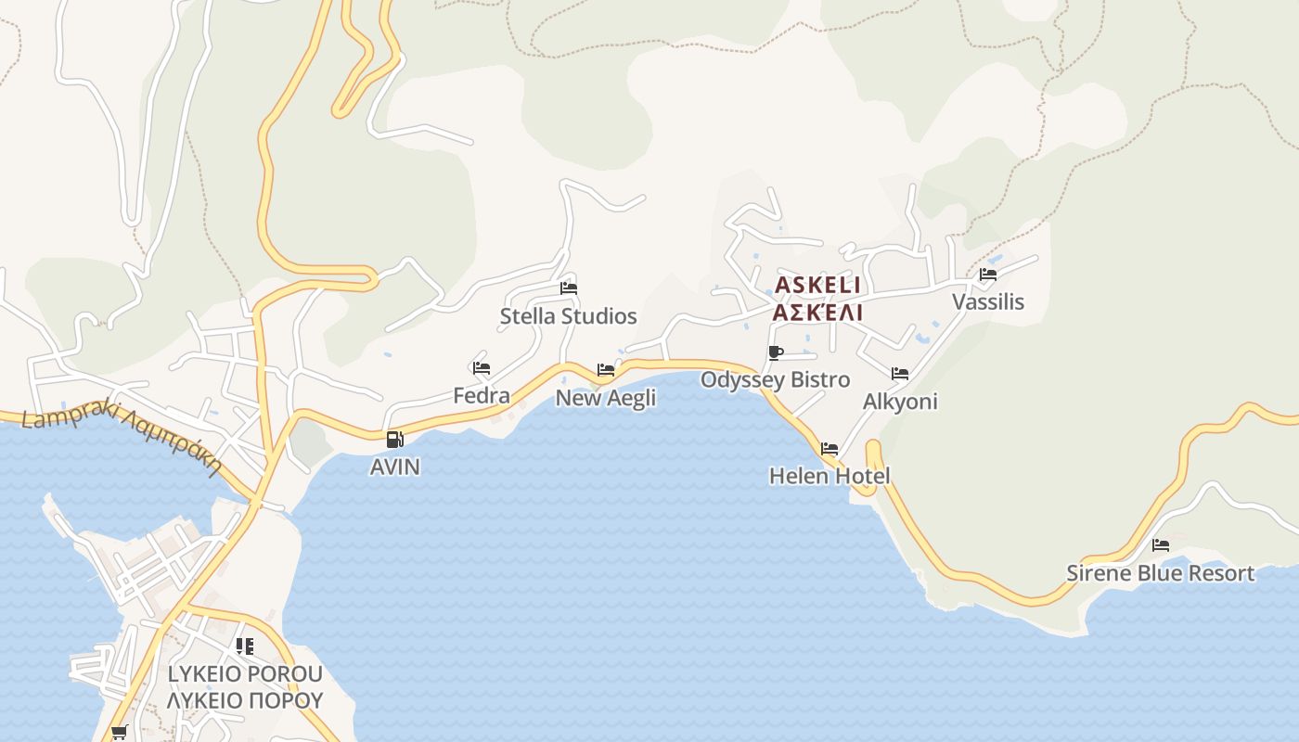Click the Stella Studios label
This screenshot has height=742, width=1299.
(568, 316)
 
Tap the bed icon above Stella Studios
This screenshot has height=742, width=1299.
(569, 288)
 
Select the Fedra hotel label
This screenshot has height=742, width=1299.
(481, 396)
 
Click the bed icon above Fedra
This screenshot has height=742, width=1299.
(481, 368)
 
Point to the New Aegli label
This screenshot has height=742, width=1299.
(605, 398)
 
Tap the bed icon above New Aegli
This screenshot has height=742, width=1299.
(606, 370)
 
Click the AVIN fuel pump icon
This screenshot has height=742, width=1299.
(394, 440)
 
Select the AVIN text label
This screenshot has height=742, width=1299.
(394, 467)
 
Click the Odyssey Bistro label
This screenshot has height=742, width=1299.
(775, 380)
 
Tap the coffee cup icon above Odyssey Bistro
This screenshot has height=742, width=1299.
(776, 352)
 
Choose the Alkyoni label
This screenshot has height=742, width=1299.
(899, 402)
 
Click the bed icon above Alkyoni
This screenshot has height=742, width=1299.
(899, 374)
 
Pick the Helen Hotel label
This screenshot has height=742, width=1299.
(829, 477)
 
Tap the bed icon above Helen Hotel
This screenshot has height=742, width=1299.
(829, 449)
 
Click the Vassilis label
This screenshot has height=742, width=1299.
(987, 302)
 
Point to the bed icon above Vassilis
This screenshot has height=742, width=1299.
(987, 275)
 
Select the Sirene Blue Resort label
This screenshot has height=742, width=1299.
(1160, 573)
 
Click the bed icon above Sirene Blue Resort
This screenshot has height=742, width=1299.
(1160, 545)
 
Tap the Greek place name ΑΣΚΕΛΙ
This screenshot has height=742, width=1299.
(817, 313)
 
